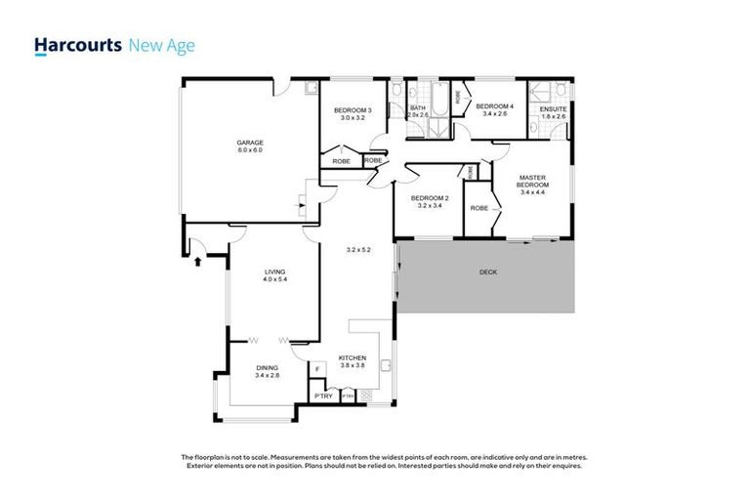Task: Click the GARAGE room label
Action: [250, 143]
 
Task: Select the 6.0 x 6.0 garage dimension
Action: [250, 150]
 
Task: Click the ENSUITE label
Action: [553, 108]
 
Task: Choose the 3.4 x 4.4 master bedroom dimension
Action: [532, 192]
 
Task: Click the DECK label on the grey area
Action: [488, 272]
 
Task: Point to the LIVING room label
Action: [274, 272]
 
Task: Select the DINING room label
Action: [267, 367]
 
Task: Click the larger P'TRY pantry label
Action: [322, 396]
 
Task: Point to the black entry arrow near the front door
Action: [198, 260]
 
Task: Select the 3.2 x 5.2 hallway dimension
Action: [357, 250]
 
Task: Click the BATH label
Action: [418, 107]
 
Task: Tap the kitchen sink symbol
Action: [387, 367]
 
